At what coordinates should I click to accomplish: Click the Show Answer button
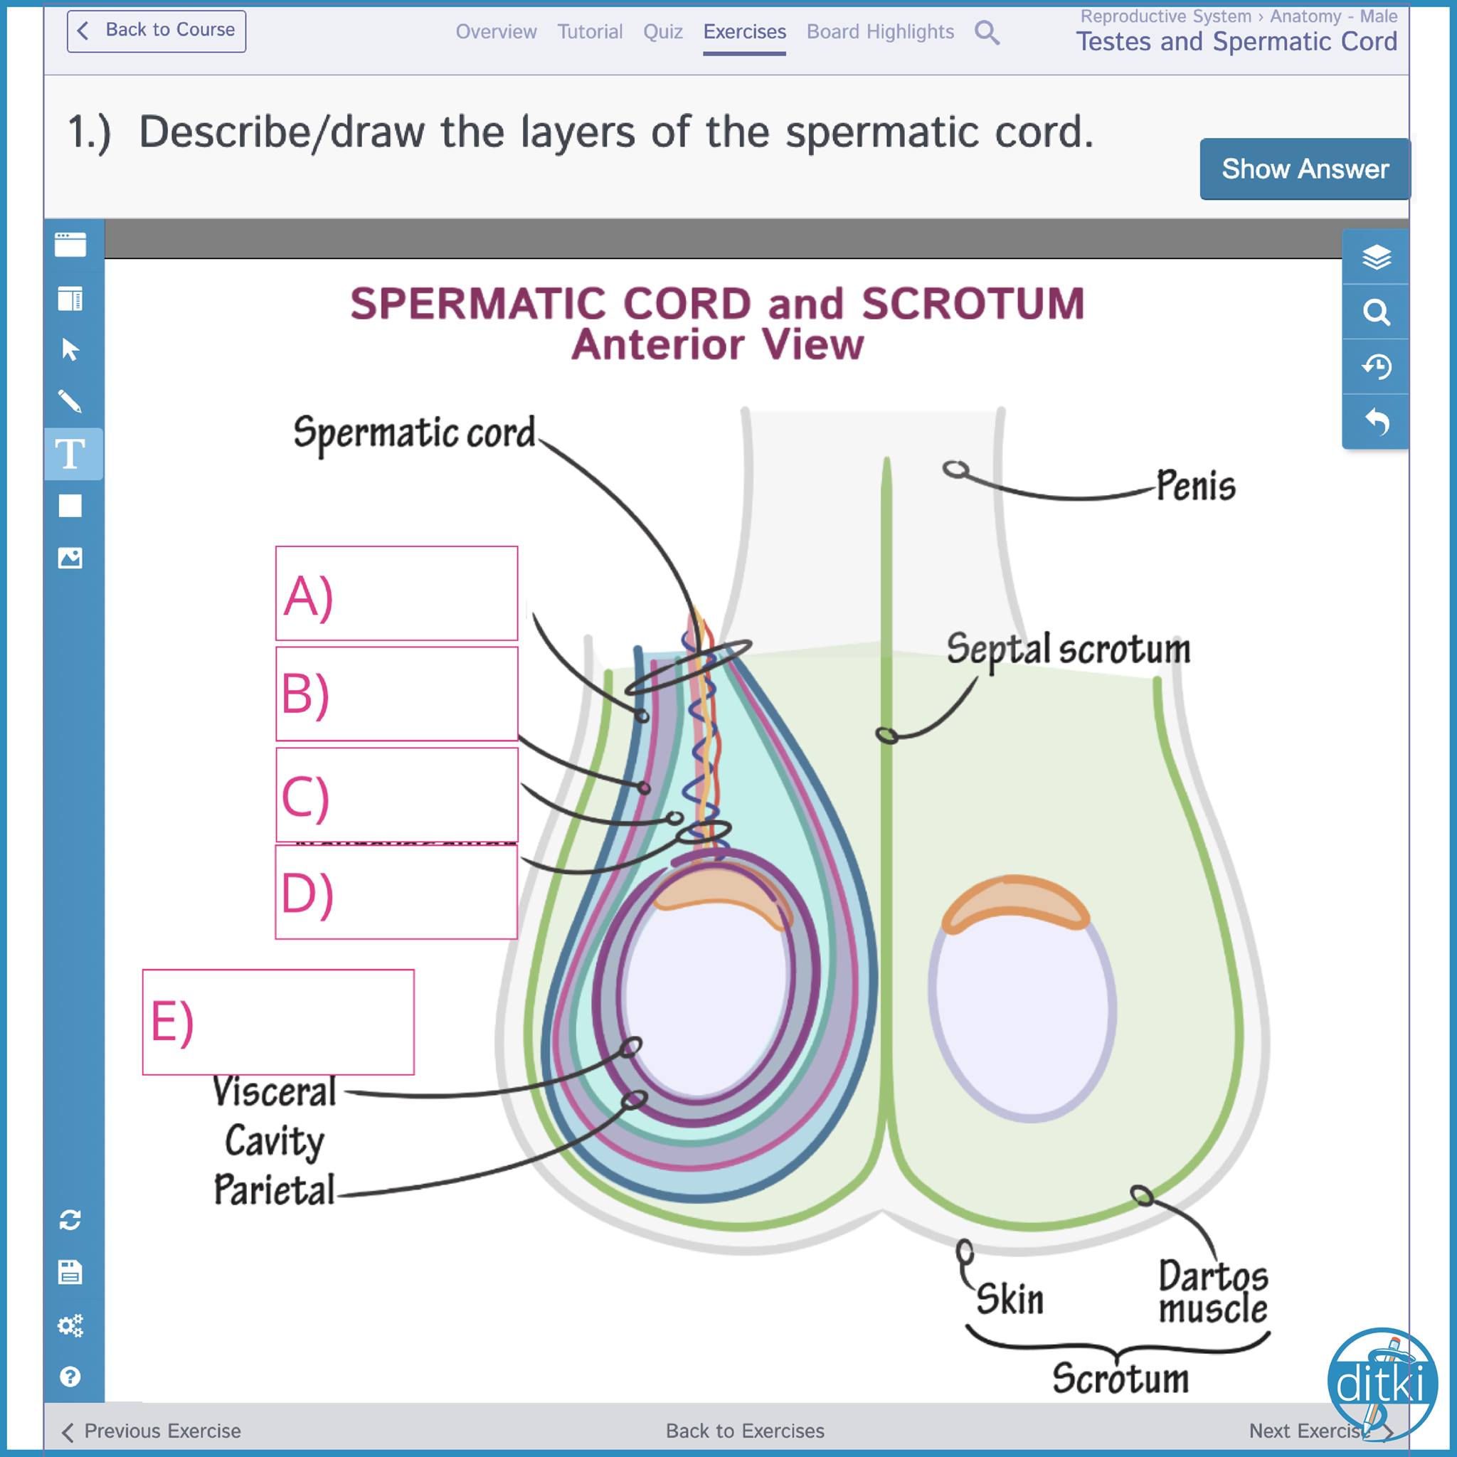[1304, 169]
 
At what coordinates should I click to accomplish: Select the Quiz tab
[662, 32]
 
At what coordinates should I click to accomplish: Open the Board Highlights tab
[880, 32]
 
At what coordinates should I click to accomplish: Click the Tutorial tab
[590, 32]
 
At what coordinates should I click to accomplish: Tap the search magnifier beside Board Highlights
[987, 33]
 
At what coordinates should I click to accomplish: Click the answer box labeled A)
[397, 593]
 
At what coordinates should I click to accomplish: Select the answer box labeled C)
[397, 795]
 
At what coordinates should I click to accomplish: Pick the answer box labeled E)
[278, 1022]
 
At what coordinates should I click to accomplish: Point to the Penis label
[1196, 485]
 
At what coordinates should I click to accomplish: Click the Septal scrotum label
[1068, 650]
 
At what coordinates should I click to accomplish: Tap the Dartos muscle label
[1214, 1292]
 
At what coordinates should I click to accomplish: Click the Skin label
[1010, 1299]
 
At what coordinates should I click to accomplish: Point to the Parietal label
[274, 1190]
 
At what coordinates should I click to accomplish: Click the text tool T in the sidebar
[71, 454]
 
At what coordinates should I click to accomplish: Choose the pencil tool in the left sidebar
[70, 402]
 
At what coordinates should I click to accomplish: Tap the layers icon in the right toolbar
[1377, 257]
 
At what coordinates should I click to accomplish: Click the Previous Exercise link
[152, 1431]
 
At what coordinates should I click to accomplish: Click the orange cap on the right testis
[1015, 904]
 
